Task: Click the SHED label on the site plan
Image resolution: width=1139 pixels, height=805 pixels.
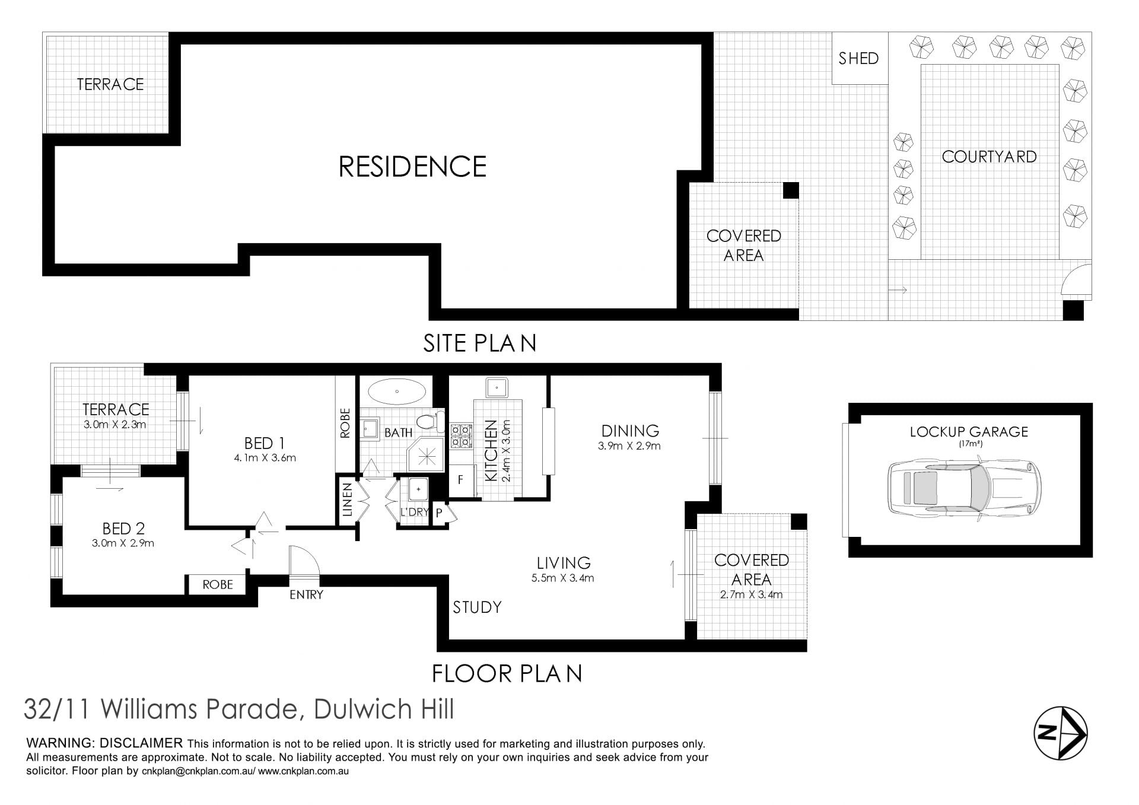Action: [858, 58]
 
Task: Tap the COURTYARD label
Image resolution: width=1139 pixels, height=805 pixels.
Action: [989, 157]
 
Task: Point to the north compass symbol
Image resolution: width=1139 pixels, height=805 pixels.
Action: [1061, 733]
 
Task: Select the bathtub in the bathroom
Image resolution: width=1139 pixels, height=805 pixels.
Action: [397, 392]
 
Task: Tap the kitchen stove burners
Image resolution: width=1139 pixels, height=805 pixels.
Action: [461, 435]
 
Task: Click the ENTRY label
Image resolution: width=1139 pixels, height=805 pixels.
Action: [306, 594]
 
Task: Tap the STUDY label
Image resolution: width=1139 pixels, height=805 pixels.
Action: [477, 607]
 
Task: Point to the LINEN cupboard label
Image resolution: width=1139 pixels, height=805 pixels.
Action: [348, 499]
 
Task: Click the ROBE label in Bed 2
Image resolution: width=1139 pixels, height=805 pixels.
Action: [218, 585]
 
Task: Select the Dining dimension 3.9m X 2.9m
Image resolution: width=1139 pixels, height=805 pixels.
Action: [629, 446]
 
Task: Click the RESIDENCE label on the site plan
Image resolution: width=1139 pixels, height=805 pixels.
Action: [412, 167]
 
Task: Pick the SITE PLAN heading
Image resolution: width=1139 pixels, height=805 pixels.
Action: [479, 343]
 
